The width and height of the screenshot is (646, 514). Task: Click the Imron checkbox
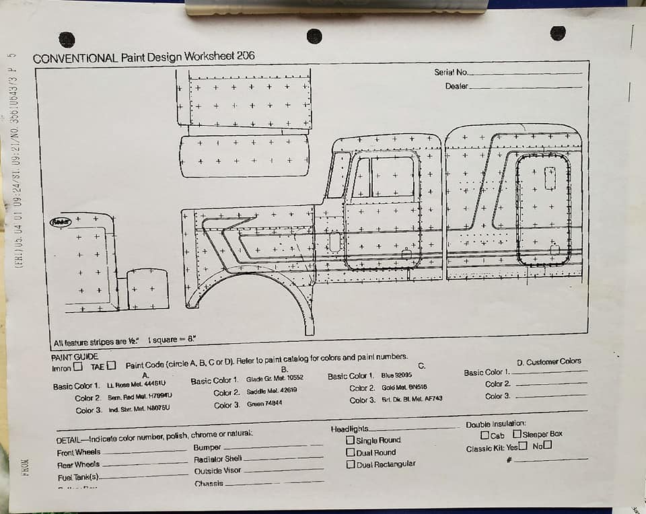[78, 367]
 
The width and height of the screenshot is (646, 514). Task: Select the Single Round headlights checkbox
[350, 440]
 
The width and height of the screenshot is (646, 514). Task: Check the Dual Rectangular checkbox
[350, 464]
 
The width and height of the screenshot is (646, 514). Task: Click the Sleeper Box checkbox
[517, 434]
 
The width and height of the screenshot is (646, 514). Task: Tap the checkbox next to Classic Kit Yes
[523, 446]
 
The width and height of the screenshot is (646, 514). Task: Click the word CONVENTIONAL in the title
[75, 58]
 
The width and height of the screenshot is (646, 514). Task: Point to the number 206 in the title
[246, 56]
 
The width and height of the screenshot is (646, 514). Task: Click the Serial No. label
[450, 72]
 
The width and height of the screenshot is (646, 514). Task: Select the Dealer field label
[456, 86]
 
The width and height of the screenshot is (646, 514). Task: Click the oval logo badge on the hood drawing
[61, 222]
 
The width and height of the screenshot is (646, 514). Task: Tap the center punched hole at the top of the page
[314, 36]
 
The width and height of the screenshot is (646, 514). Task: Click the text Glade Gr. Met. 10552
[275, 379]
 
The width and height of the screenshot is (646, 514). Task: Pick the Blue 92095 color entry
[396, 375]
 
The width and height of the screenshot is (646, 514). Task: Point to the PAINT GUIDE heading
[75, 357]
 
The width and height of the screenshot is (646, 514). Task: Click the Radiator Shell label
[217, 459]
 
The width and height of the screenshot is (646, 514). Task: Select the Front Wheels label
[79, 453]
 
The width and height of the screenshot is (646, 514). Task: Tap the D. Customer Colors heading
[548, 362]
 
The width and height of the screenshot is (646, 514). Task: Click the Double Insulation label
[495, 425]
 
